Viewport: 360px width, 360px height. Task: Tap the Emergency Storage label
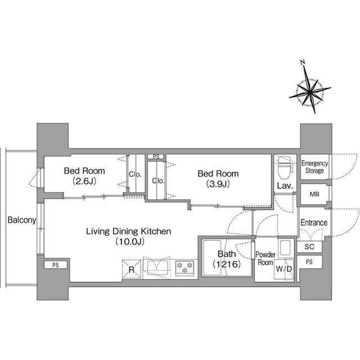tap(314, 167)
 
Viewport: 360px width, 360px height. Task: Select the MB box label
tap(314, 194)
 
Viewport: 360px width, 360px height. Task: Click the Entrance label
tap(314, 223)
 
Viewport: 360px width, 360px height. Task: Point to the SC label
tap(309, 246)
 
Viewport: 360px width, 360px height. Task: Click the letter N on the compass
tap(303, 62)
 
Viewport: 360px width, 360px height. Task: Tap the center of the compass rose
tap(310, 93)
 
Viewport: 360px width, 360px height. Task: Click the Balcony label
tap(22, 220)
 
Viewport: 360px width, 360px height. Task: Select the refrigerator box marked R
tap(131, 269)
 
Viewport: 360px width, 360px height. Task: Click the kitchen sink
tap(157, 268)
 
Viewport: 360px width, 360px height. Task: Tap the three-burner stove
tap(185, 268)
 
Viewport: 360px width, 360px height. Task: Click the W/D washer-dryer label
tap(283, 269)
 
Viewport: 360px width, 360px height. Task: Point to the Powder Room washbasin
tap(285, 247)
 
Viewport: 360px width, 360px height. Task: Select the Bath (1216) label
tap(227, 259)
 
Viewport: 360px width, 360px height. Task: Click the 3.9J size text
tap(218, 184)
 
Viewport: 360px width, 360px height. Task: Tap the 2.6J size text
tap(84, 181)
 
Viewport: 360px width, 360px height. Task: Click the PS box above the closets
tap(156, 157)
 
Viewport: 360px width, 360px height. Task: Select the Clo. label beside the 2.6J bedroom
tap(135, 174)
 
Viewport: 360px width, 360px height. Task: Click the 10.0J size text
tap(130, 241)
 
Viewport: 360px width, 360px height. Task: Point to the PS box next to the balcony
tap(56, 265)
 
